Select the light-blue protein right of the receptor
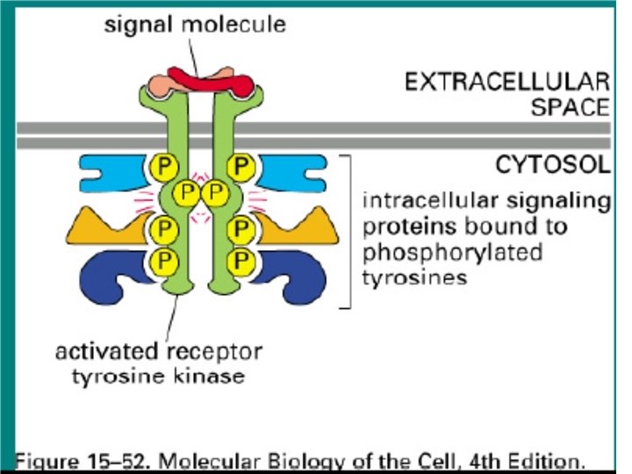[294, 172]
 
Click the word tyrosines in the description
[405, 275]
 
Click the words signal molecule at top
[194, 25]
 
